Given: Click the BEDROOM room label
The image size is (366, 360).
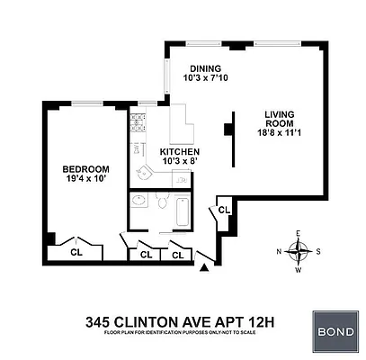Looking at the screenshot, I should click(x=85, y=168).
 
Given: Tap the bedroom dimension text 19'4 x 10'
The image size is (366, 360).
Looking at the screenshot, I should click(x=85, y=180).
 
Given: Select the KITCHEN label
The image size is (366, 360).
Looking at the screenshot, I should click(x=180, y=152).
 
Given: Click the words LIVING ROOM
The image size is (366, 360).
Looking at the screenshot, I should click(x=281, y=120).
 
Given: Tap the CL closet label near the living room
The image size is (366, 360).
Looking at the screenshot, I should click(x=224, y=210).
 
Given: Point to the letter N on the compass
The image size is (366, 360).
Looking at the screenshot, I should click(x=280, y=251).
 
